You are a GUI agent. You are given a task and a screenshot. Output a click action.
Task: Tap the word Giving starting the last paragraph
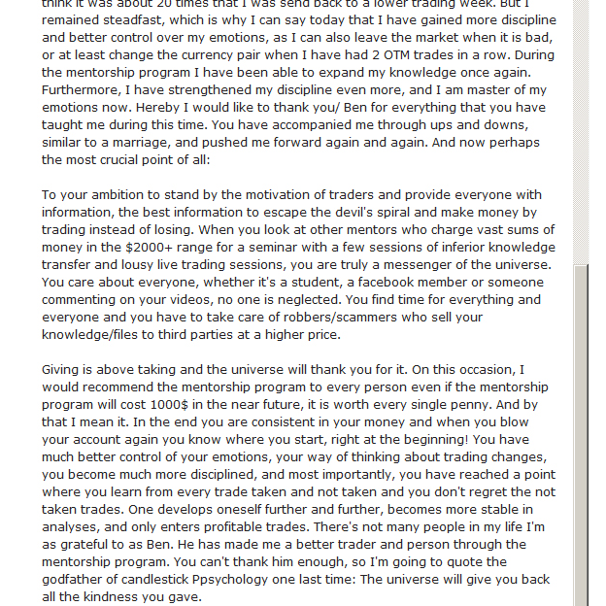click(63, 370)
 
